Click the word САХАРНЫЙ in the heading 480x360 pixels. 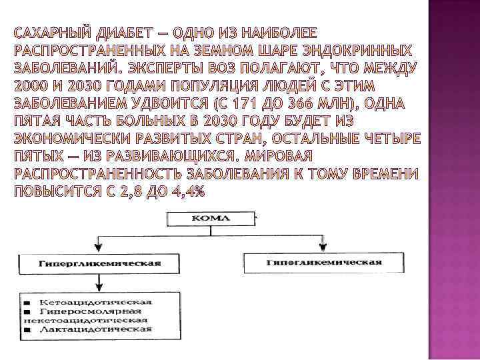tap(51, 34)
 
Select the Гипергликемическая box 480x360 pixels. tap(99, 263)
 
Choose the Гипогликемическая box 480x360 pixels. tap(323, 263)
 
